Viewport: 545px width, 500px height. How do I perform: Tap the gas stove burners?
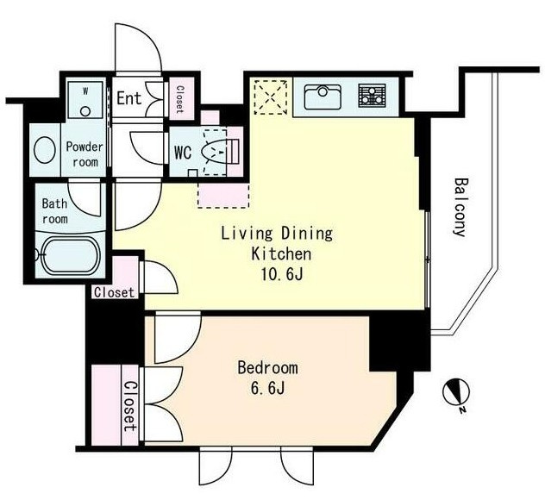tap(372, 95)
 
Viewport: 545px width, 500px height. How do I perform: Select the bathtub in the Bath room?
tap(71, 255)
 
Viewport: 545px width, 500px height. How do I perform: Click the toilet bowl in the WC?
tap(215, 152)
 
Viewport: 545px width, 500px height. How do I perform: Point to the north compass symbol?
tap(456, 394)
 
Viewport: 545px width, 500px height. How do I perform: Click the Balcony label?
tap(460, 208)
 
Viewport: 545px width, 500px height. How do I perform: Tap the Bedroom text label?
tap(267, 367)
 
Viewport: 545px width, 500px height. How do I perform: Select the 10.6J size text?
tap(282, 275)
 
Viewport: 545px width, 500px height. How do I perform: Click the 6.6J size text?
tap(267, 389)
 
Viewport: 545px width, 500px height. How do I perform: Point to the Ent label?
tap(129, 98)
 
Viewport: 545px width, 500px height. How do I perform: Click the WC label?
tap(183, 153)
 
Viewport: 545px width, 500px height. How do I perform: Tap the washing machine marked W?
tap(85, 100)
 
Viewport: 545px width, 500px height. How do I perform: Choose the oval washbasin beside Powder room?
tap(45, 150)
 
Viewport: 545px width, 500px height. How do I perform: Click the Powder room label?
tap(85, 154)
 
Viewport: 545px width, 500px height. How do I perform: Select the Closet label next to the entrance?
tap(179, 99)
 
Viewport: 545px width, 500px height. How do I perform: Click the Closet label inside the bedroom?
tap(130, 406)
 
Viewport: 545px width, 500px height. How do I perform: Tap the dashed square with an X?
tap(271, 97)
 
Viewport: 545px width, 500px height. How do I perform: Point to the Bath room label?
tap(54, 211)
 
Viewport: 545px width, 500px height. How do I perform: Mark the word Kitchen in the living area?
tap(281, 254)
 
